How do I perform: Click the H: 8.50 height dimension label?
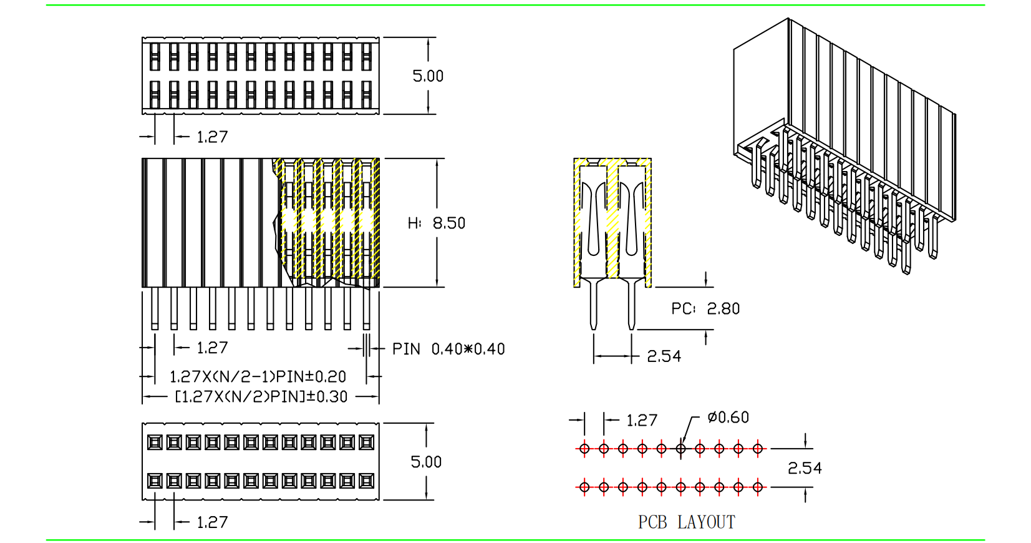tap(437, 223)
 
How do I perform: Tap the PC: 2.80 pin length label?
tap(705, 308)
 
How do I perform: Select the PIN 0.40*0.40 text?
tap(448, 349)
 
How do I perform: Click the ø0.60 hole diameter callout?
tap(728, 417)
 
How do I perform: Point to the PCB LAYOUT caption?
tap(686, 522)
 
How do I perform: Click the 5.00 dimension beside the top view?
tap(428, 76)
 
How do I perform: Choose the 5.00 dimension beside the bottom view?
tap(426, 462)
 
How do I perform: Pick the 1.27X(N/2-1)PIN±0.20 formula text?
tap(258, 376)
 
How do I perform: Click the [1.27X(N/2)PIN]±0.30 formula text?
tap(261, 396)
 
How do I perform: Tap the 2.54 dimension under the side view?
tap(664, 356)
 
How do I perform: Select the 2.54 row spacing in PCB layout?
tap(805, 468)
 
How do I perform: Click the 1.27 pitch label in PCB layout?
tap(642, 421)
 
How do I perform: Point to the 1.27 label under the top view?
tap(212, 137)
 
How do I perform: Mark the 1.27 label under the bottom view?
tap(212, 522)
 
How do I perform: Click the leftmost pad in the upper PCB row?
tap(584, 448)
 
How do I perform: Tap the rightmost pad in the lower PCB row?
tap(758, 487)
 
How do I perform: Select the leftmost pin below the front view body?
tap(155, 308)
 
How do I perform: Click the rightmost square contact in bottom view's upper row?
tap(367, 443)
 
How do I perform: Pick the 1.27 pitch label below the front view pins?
tap(212, 348)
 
